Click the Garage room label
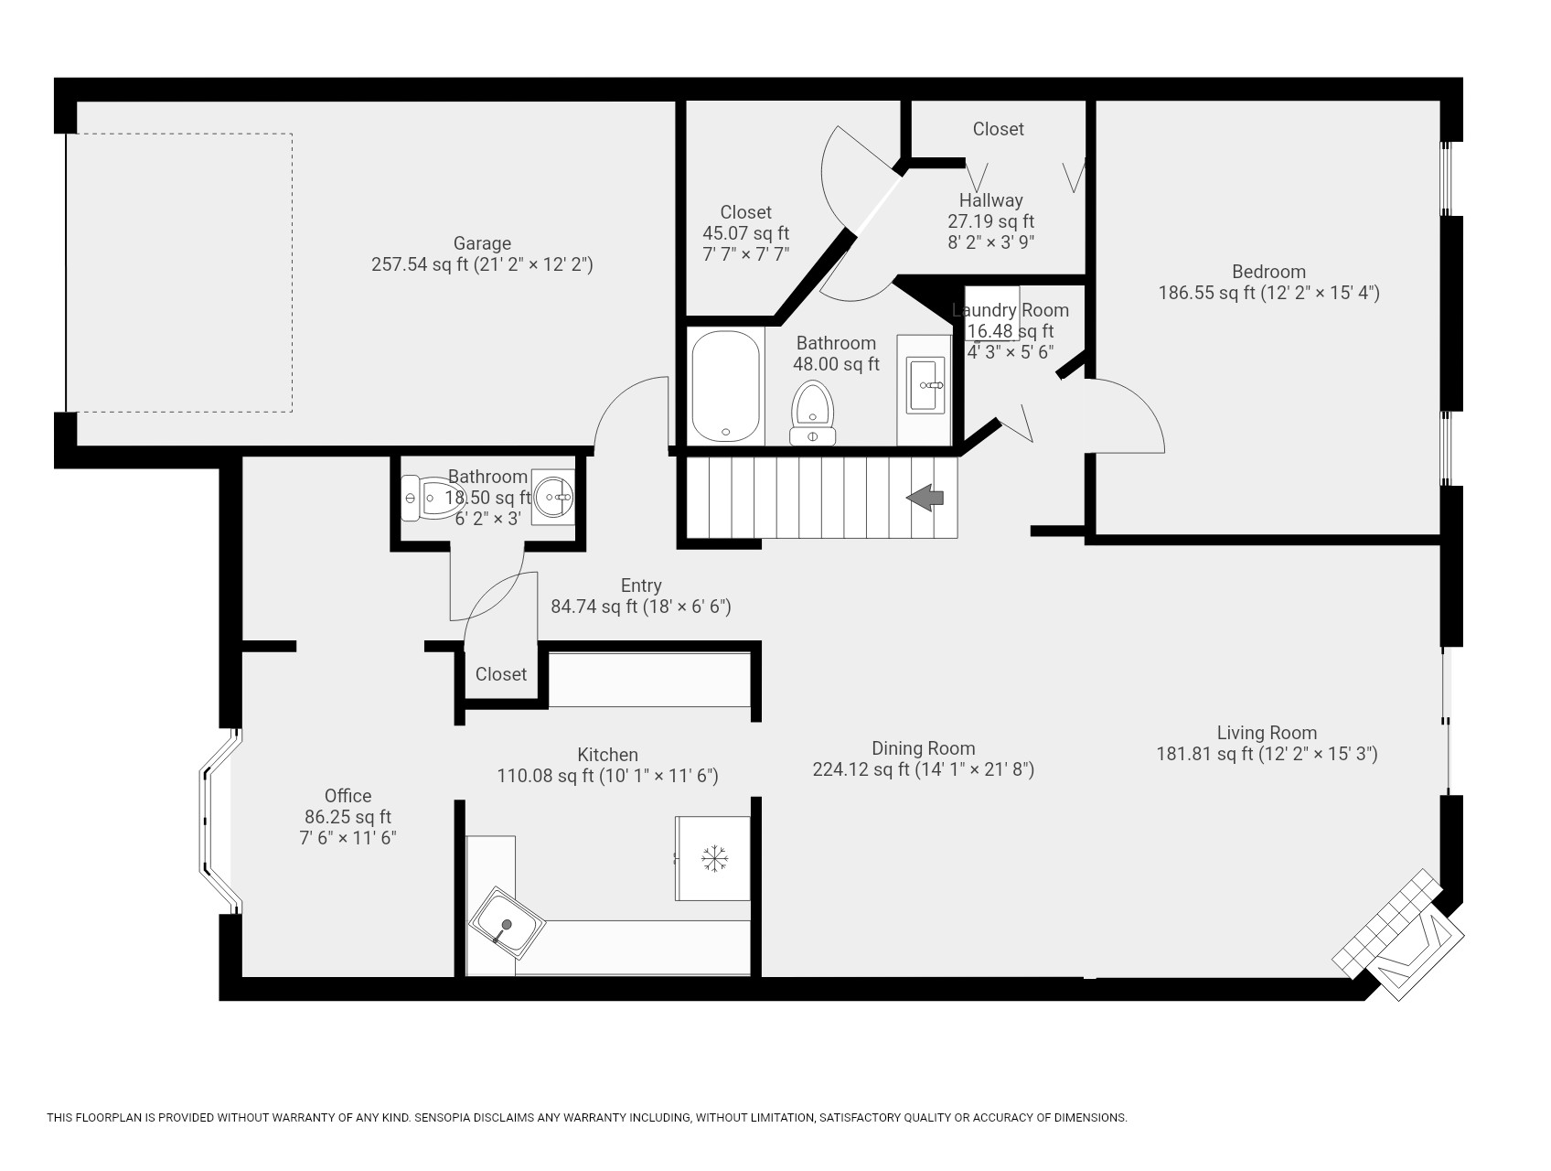pos(482,243)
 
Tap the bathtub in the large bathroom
pos(725,387)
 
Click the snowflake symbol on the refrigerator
pos(714,858)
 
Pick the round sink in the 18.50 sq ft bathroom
pos(552,497)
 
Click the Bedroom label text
pos(1268,272)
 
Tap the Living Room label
pos(1267,733)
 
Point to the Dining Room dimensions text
pos(923,770)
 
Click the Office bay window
pos(216,821)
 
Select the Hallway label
pos(990,200)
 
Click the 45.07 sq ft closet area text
pos(745,233)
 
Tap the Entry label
pos(640,585)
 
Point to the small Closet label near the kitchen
pos(501,674)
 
